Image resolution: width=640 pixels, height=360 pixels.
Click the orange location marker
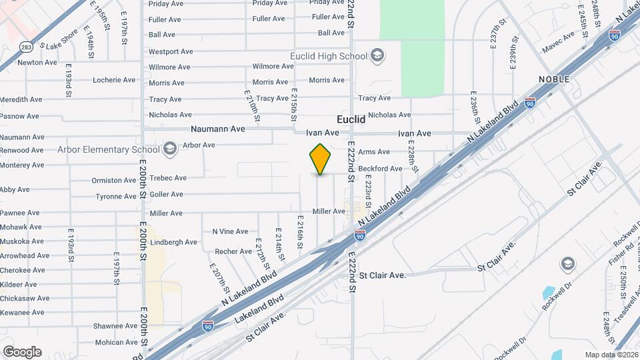click(321, 159)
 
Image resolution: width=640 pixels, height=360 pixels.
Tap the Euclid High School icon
click(377, 55)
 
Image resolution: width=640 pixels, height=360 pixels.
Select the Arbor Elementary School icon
click(170, 148)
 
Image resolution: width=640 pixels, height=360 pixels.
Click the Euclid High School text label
click(329, 56)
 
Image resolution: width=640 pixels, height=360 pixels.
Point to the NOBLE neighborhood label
click(555, 79)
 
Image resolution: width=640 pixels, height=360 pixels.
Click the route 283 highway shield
click(25, 47)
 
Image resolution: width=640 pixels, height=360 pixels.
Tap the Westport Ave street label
click(171, 51)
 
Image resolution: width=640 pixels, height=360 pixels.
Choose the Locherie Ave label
click(114, 80)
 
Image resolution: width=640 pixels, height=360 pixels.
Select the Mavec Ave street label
click(558, 37)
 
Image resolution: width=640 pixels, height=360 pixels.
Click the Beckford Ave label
click(381, 169)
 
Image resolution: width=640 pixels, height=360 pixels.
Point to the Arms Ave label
click(374, 152)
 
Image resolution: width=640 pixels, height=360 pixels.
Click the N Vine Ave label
click(230, 231)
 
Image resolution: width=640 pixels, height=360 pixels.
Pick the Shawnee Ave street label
click(115, 326)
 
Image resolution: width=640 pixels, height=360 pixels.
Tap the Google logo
click(22, 351)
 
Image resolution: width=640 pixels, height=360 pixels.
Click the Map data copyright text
click(611, 355)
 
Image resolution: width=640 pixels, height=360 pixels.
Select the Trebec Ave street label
click(168, 178)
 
